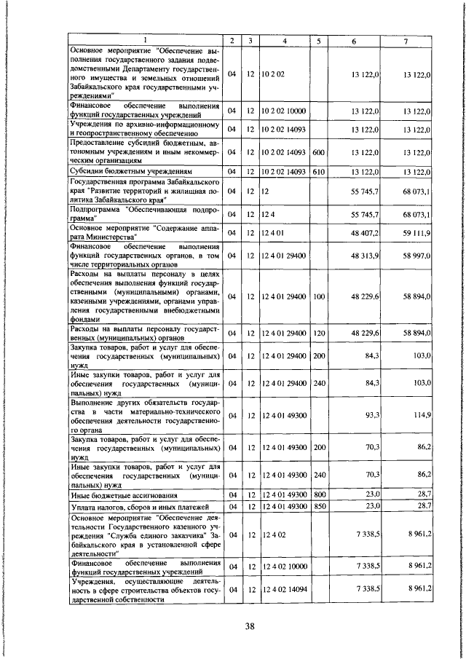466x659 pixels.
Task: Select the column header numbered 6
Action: [354, 40]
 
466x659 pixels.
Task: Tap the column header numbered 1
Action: [143, 40]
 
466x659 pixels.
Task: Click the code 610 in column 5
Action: [318, 171]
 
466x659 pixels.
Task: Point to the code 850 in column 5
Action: [318, 505]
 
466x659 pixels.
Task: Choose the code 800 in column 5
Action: [318, 494]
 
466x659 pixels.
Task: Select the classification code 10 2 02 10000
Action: [284, 111]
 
